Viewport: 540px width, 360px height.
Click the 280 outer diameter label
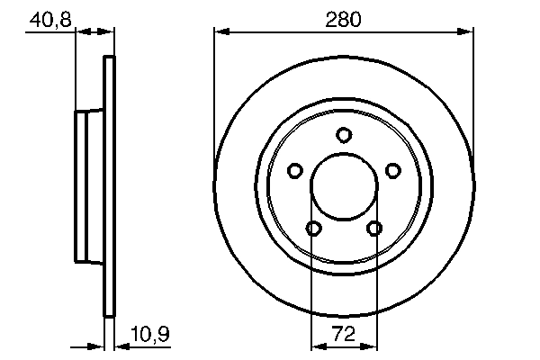point(343,18)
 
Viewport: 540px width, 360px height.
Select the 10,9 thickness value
point(150,334)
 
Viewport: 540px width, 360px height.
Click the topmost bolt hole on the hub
point(344,135)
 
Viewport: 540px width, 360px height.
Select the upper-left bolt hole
point(294,170)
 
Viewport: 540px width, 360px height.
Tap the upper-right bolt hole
point(392,170)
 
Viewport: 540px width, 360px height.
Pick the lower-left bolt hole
point(313,229)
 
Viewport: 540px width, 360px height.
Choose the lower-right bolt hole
point(373,229)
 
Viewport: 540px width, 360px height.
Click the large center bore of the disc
point(344,187)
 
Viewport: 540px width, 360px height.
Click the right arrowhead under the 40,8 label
point(108,32)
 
